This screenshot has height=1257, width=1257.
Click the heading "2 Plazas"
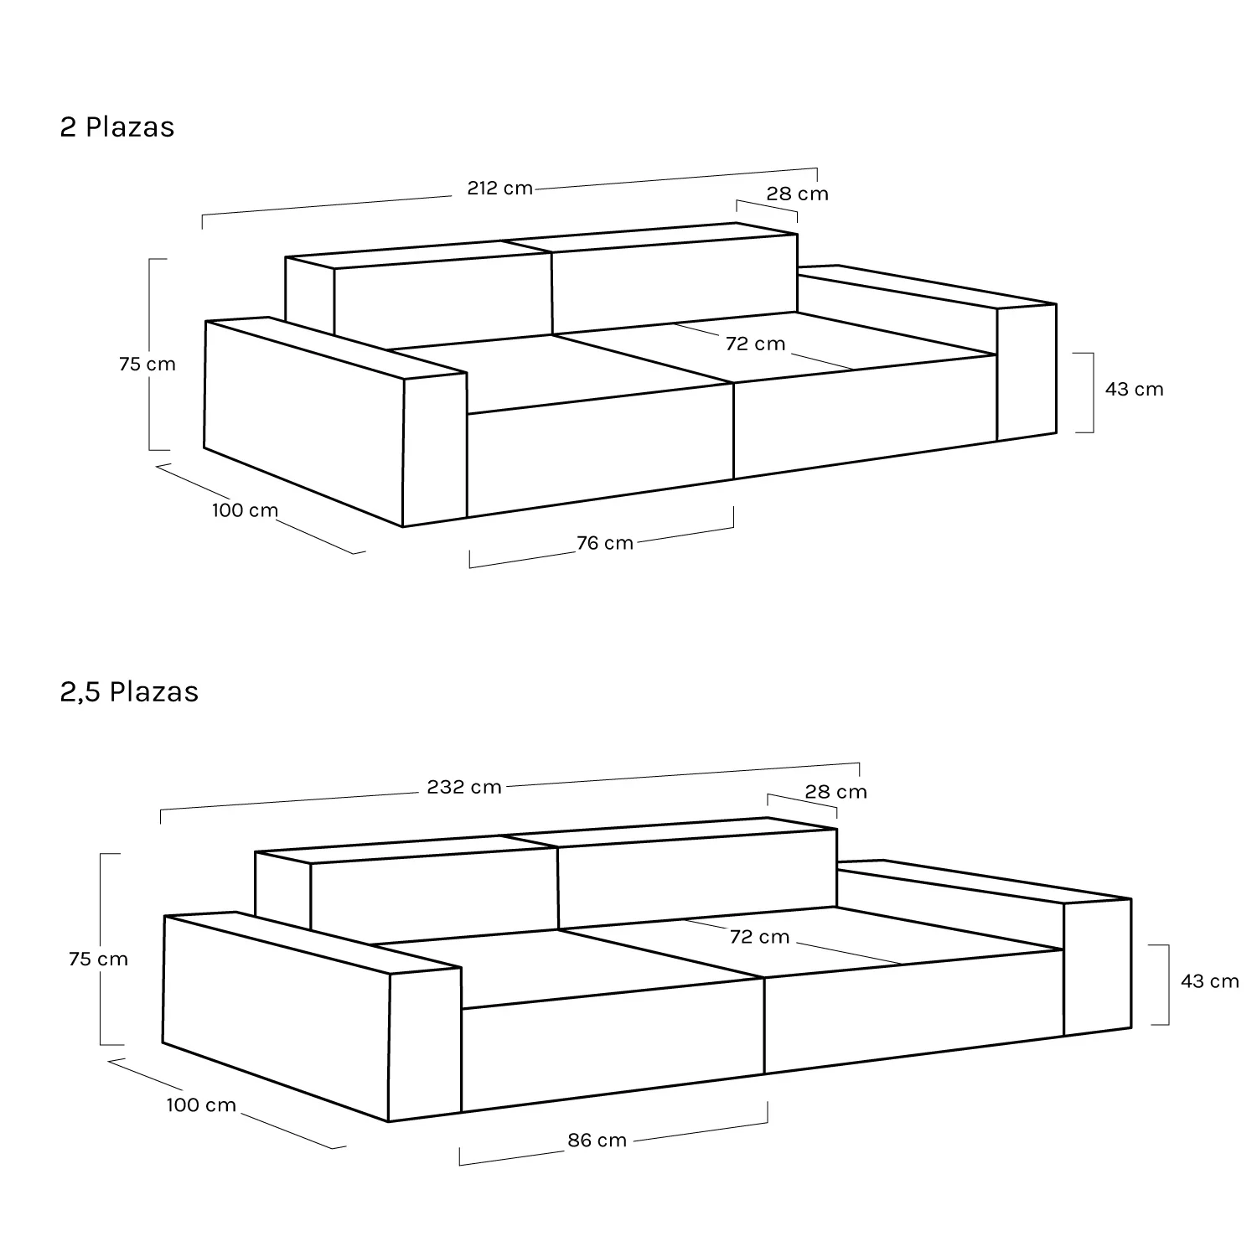(x=117, y=127)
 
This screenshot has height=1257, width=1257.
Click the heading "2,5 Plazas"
(x=129, y=692)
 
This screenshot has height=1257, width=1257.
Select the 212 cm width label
(x=499, y=189)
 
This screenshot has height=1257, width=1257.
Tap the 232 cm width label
(x=464, y=788)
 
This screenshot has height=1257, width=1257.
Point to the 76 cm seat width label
(x=605, y=543)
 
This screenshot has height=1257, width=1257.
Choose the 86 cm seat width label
(x=597, y=1141)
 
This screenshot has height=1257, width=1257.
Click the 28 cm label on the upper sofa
(x=798, y=194)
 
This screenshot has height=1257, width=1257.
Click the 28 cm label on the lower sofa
(x=836, y=792)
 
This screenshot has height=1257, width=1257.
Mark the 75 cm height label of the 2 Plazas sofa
(x=147, y=365)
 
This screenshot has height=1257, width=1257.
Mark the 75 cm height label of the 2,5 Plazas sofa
(x=99, y=960)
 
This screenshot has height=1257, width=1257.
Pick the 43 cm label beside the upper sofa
(x=1135, y=390)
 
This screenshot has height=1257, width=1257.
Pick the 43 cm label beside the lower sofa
(x=1210, y=981)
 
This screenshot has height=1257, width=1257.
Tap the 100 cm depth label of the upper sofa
(x=245, y=510)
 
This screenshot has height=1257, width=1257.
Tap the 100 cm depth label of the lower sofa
(x=201, y=1105)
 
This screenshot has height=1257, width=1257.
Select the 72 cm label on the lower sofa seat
(x=760, y=937)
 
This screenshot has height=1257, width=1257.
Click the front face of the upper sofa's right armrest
(x=1027, y=372)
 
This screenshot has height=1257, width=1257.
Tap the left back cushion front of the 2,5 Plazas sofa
(x=434, y=895)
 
